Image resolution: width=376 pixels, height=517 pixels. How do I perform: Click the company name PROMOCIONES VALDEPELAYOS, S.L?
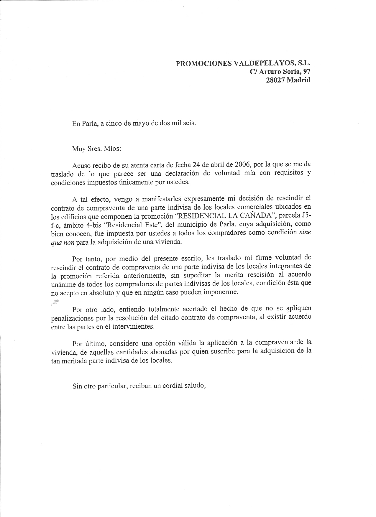(x=243, y=63)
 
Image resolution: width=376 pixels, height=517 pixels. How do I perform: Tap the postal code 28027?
(x=276, y=80)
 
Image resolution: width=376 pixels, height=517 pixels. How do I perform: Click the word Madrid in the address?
(x=299, y=80)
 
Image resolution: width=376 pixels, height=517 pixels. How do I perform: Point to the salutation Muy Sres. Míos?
(x=96, y=148)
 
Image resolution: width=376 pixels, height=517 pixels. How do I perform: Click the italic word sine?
(x=305, y=232)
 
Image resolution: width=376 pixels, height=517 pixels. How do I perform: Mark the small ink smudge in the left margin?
(x=55, y=302)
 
